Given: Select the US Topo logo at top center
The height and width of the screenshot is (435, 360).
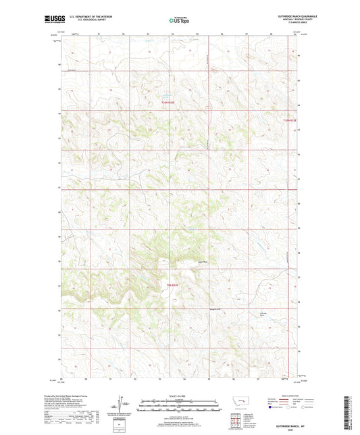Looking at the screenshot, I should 179,20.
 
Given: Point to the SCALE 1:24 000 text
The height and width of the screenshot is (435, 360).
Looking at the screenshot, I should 179,394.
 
